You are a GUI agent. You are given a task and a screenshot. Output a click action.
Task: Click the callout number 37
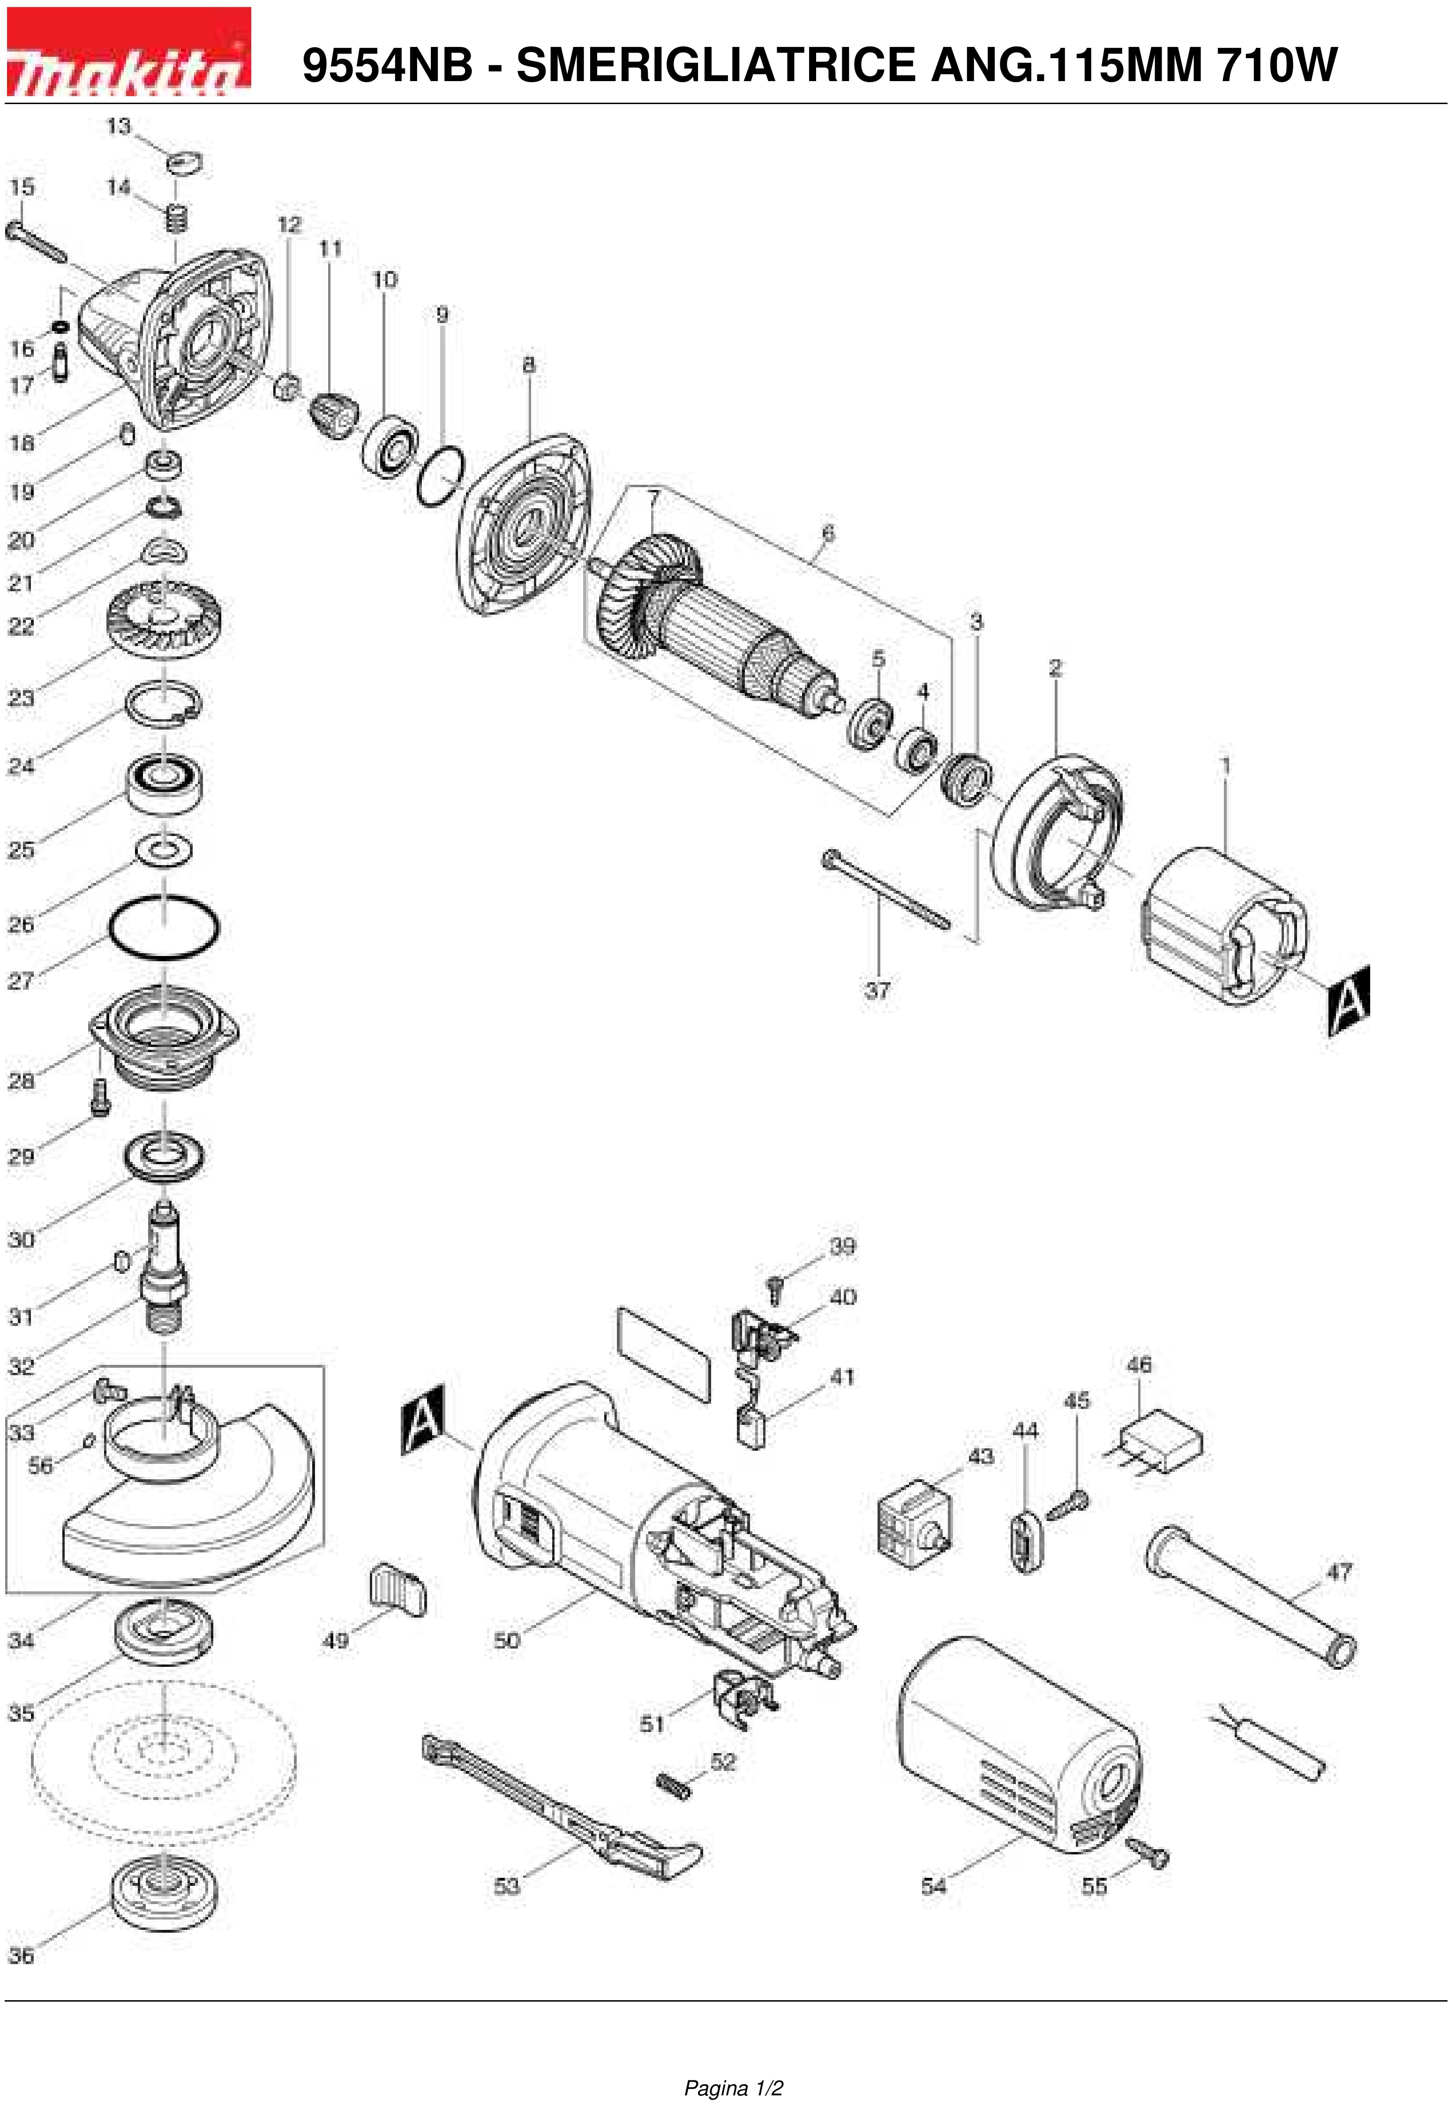(878, 990)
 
